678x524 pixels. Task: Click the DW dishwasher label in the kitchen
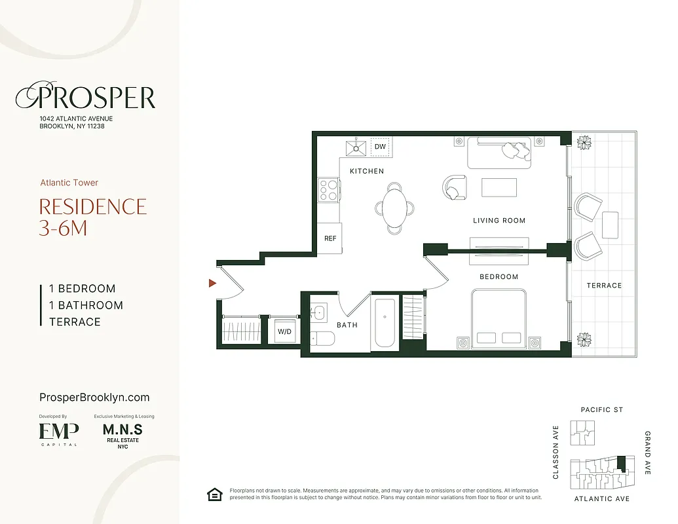tap(380, 147)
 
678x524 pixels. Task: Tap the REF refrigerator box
tap(330, 238)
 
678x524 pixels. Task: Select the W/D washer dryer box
tap(285, 331)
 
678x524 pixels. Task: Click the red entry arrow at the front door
tap(212, 283)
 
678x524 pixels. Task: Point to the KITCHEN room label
tap(367, 171)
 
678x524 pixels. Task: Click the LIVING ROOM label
tap(499, 221)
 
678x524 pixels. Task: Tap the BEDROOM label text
tap(499, 276)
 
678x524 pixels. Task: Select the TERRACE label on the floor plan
tap(604, 286)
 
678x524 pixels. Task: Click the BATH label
tap(347, 325)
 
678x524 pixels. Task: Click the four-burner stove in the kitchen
tap(328, 190)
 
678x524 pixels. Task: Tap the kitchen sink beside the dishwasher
tap(356, 147)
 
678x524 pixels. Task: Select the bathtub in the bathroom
tap(385, 323)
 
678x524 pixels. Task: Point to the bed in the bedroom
tap(499, 321)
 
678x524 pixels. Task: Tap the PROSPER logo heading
tap(86, 98)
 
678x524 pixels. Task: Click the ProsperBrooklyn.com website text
tap(94, 398)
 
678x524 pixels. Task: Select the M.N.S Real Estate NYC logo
tap(122, 434)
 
